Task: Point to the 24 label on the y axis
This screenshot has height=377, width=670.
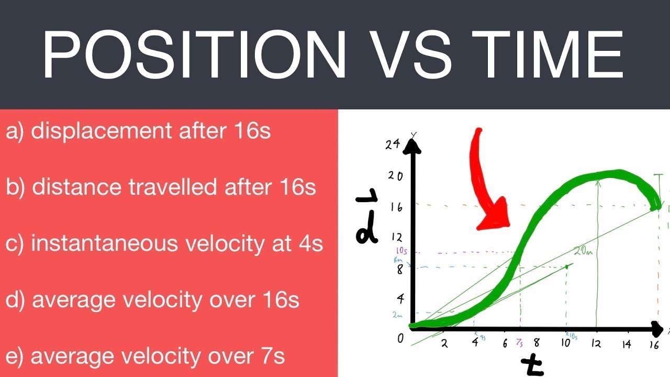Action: click(x=393, y=145)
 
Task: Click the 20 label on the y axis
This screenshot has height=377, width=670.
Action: click(x=395, y=175)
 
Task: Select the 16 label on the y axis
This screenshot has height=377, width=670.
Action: click(x=395, y=207)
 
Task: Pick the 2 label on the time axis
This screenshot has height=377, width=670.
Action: click(x=444, y=344)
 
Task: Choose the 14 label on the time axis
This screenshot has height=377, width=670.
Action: click(x=627, y=344)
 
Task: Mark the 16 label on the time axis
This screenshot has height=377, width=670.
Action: click(x=654, y=345)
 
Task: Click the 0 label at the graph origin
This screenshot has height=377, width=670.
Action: click(x=400, y=339)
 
